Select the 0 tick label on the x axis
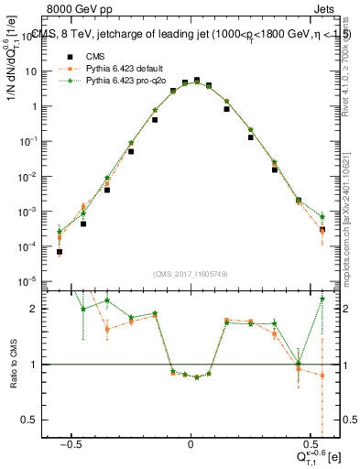tap(190, 441)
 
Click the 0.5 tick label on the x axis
tap(309, 441)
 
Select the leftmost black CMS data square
tap(60, 252)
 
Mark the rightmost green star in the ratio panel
tap(322, 299)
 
